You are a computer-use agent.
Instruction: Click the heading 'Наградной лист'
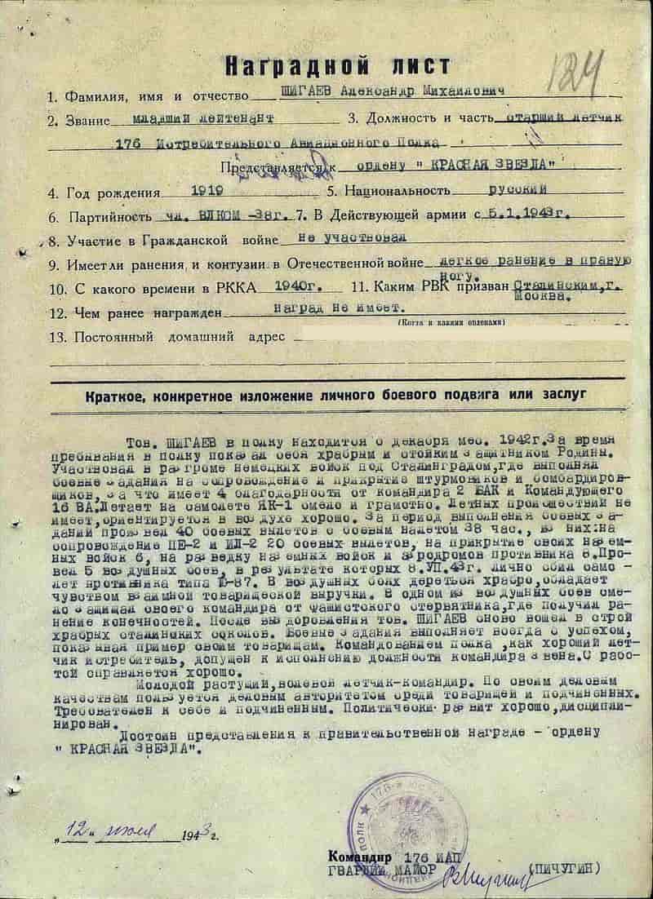[x=326, y=63]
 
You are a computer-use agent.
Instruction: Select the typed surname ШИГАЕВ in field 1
[x=282, y=94]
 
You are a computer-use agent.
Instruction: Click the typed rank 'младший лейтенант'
[x=203, y=118]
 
